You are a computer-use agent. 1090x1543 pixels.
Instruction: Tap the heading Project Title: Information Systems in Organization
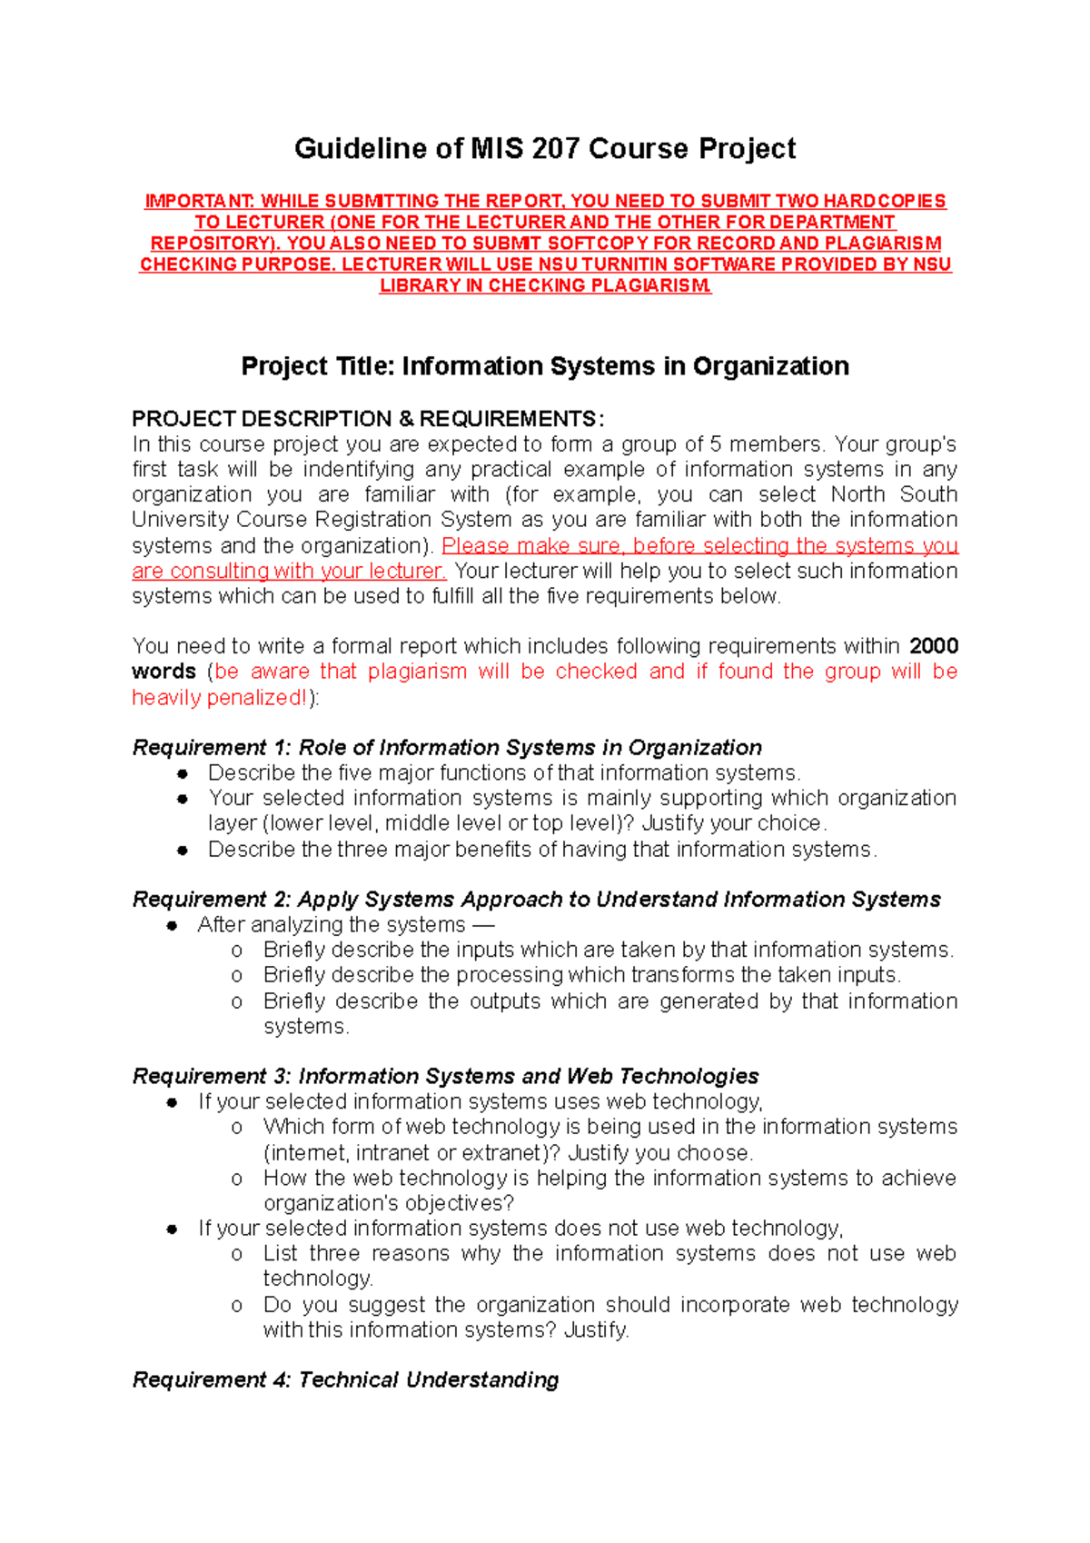coord(545,366)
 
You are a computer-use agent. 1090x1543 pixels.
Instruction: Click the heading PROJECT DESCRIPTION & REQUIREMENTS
coord(367,419)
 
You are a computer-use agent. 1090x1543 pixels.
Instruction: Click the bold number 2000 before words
coord(934,646)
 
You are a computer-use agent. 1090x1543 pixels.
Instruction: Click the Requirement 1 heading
coord(447,748)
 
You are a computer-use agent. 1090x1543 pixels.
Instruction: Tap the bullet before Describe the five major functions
coord(183,773)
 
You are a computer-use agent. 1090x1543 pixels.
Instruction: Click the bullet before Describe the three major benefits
coord(183,851)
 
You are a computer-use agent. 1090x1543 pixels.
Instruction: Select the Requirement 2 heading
coord(536,900)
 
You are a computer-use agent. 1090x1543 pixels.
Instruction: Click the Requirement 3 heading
coord(445,1077)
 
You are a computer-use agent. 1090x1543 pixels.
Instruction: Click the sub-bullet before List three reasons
coord(237,1254)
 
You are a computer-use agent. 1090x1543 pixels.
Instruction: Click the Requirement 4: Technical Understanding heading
coord(345,1380)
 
